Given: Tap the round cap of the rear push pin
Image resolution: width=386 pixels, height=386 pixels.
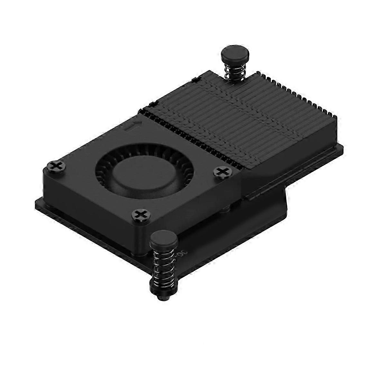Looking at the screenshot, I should point(231,53).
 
